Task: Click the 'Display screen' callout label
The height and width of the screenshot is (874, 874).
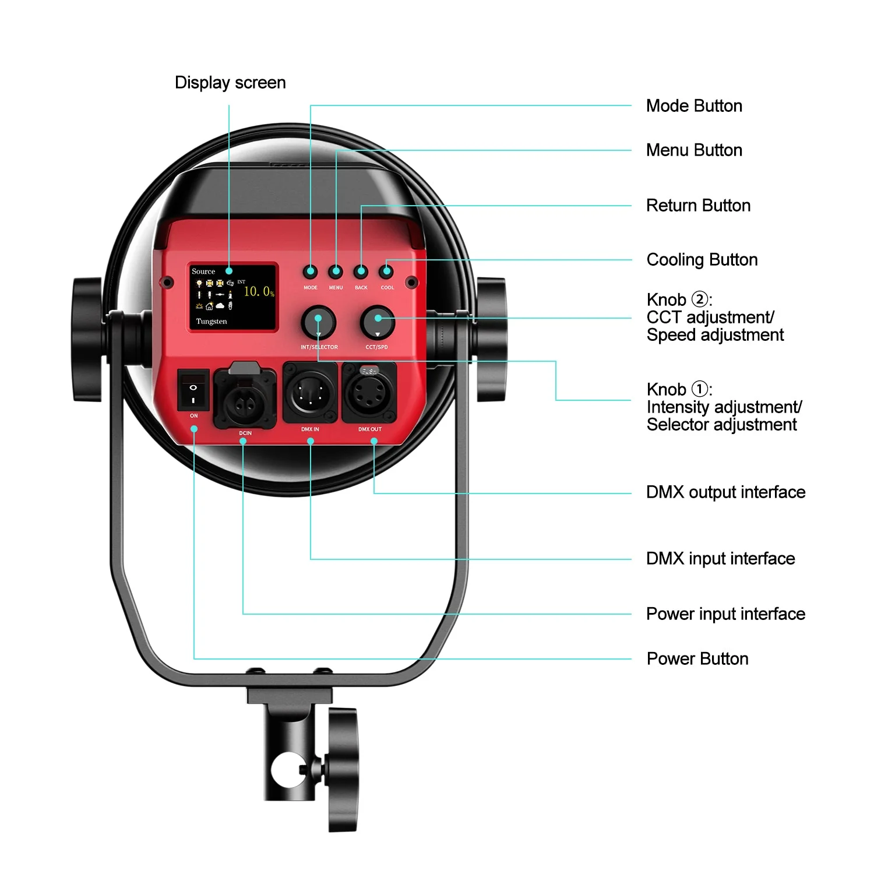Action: click(x=230, y=83)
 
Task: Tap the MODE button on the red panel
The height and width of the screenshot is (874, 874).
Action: click(x=310, y=272)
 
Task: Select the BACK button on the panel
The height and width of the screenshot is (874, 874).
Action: click(x=361, y=272)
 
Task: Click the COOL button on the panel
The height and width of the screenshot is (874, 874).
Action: click(x=386, y=272)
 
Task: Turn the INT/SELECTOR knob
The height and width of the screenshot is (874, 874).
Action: click(x=318, y=322)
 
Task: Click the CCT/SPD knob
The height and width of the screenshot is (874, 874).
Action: click(x=378, y=322)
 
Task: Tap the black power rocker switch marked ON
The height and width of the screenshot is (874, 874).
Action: click(x=193, y=390)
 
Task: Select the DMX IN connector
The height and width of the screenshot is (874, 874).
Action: click(x=310, y=393)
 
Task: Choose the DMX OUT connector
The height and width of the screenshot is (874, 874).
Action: click(x=369, y=393)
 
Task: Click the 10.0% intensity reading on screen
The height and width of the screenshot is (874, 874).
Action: click(x=258, y=291)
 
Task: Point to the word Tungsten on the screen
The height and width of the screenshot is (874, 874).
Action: click(x=212, y=322)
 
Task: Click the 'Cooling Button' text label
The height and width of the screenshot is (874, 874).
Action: click(x=702, y=260)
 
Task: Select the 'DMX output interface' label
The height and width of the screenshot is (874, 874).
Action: click(x=725, y=492)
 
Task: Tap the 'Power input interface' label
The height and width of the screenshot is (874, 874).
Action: click(x=725, y=614)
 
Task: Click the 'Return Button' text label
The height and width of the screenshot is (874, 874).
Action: click(x=698, y=206)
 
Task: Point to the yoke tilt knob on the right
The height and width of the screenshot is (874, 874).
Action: click(x=491, y=340)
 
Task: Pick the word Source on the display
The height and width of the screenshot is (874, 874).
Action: click(x=203, y=272)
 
